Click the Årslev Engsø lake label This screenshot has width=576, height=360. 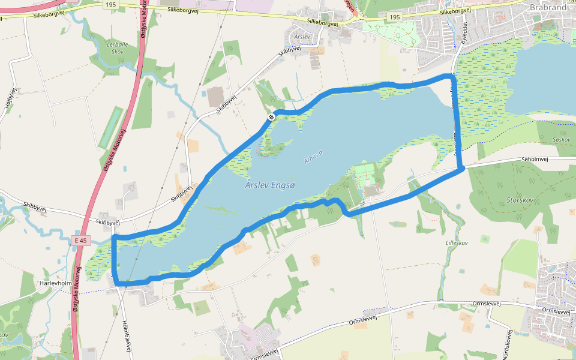(x=271, y=185)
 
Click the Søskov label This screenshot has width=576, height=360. (x=562, y=139)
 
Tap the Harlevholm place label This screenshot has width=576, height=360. (x=55, y=282)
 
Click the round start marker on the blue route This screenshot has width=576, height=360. (x=271, y=117)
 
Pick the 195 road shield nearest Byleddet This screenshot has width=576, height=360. (x=394, y=17)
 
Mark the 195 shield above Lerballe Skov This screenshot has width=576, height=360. (x=110, y=4)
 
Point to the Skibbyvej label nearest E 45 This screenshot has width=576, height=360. (x=108, y=223)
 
